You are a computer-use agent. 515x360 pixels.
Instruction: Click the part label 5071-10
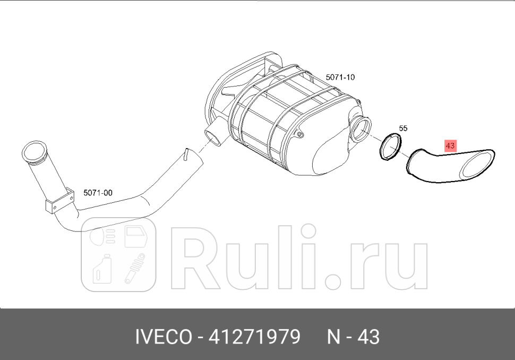(340, 77)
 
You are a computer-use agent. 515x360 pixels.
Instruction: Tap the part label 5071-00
(98, 193)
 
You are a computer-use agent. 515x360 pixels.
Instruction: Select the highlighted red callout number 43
(451, 145)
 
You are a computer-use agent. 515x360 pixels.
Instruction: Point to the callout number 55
(403, 128)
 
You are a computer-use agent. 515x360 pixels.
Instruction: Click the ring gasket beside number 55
(391, 147)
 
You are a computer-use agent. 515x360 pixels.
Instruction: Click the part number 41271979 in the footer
(255, 337)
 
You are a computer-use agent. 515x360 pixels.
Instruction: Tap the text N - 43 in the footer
(353, 337)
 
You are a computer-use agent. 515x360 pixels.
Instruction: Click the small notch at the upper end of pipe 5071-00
(185, 154)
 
